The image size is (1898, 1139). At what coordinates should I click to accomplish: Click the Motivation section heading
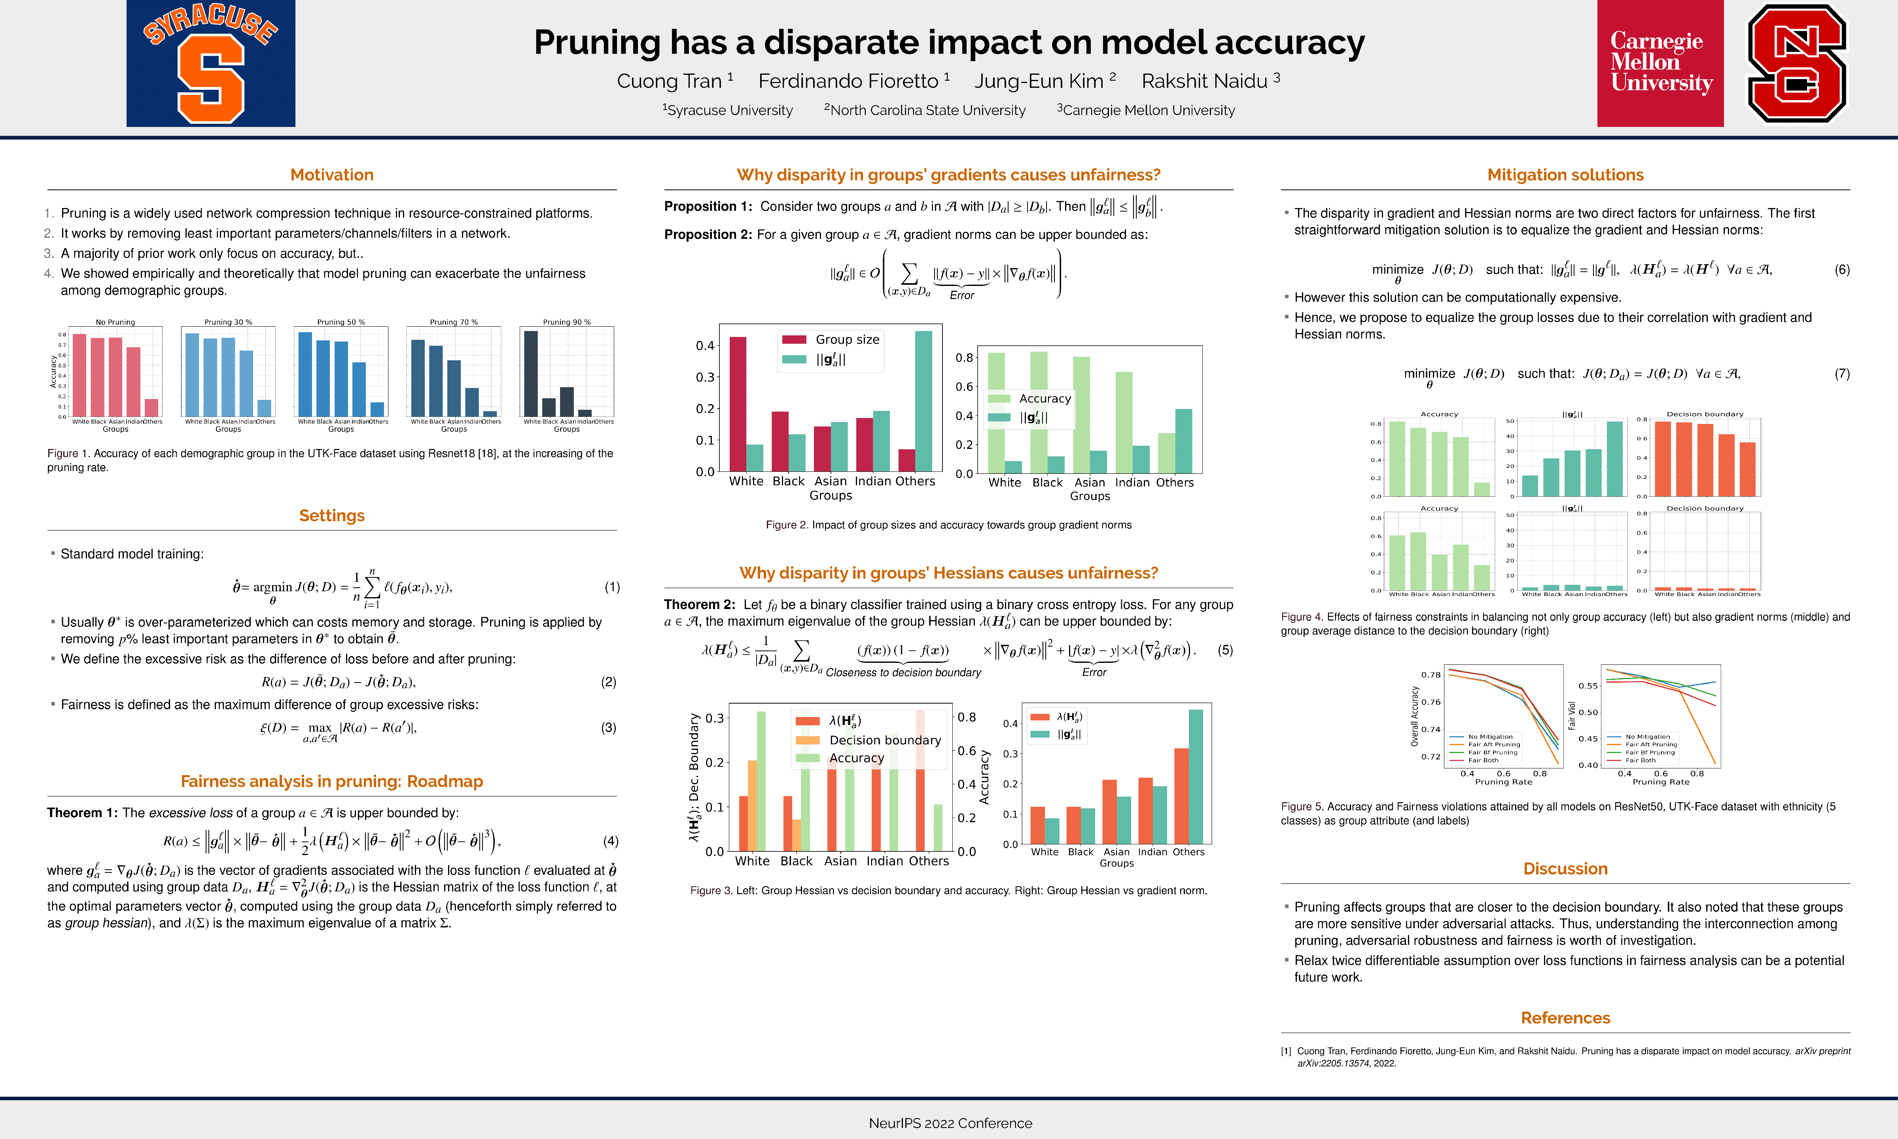[x=331, y=175]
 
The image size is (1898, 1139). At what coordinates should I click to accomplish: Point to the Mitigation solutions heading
[x=1565, y=175]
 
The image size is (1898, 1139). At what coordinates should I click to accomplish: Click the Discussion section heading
[x=1565, y=869]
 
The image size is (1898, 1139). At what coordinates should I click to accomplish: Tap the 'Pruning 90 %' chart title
[x=566, y=322]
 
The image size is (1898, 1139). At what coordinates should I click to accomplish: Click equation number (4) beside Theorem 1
[x=610, y=841]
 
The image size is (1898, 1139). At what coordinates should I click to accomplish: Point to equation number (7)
[x=1842, y=374]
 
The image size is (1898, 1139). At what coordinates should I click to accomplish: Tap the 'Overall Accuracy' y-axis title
[x=1414, y=716]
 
